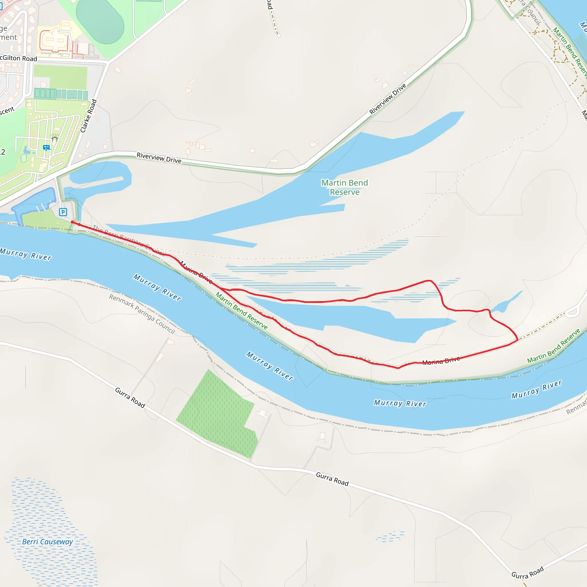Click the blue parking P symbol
pyautogui.click(x=63, y=212)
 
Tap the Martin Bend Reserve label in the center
pyautogui.click(x=345, y=187)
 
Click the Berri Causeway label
pyautogui.click(x=48, y=542)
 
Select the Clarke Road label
pyautogui.click(x=88, y=116)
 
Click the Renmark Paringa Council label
pyautogui.click(x=142, y=314)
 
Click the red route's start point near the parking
pyautogui.click(x=72, y=222)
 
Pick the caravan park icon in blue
pyautogui.click(x=46, y=148)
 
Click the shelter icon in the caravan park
pyautogui.click(x=55, y=139)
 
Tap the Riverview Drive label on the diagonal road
pyautogui.click(x=388, y=99)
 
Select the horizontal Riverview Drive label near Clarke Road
pyautogui.click(x=159, y=158)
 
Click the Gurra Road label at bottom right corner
pyautogui.click(x=527, y=573)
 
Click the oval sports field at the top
pyautogui.click(x=100, y=22)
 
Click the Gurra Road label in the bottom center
pyautogui.click(x=332, y=479)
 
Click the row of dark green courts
pyautogui.click(x=61, y=94)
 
